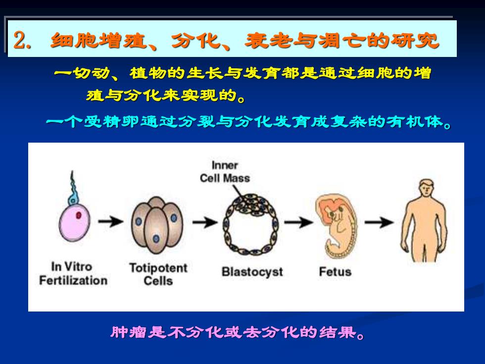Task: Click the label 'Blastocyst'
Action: [252, 272]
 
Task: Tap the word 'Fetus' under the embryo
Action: [335, 271]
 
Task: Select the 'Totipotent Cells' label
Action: [158, 274]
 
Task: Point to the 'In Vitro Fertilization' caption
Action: [73, 273]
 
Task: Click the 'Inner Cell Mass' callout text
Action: [225, 172]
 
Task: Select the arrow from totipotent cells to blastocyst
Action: [205, 222]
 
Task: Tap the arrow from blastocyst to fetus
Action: [299, 222]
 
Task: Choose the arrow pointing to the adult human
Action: [379, 222]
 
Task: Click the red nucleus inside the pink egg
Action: [79, 215]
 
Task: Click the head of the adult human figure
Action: [426, 188]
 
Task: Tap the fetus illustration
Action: [336, 226]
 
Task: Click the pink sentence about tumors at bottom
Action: [238, 332]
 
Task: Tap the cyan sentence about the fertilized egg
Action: [248, 122]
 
